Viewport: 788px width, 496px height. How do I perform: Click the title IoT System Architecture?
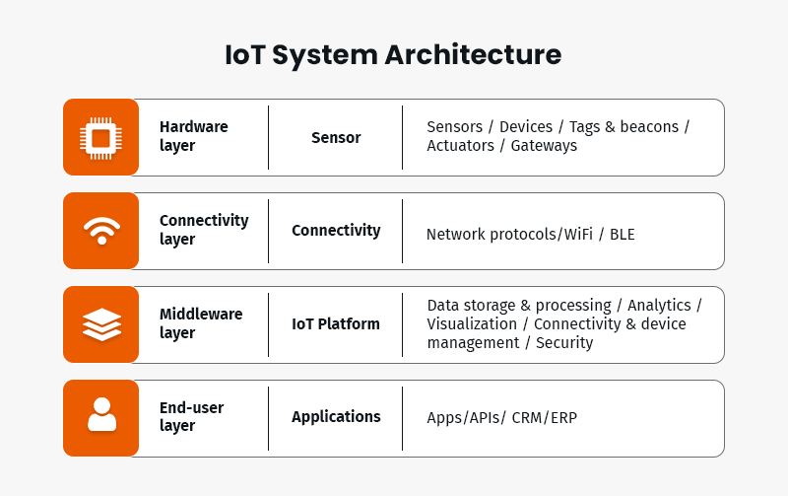pos(393,54)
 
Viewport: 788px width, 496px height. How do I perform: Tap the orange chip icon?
pos(100,137)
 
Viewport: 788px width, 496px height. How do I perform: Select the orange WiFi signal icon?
pos(100,231)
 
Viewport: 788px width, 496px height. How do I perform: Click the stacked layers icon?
pos(100,324)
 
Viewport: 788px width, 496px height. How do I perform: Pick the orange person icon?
pos(100,417)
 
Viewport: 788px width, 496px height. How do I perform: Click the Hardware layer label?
pos(193,137)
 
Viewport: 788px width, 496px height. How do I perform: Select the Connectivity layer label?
pos(204,230)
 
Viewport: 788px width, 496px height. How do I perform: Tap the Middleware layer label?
pos(201,323)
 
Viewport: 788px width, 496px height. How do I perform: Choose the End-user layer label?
pos(191,417)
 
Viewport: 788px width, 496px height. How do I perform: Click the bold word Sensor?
pos(336,138)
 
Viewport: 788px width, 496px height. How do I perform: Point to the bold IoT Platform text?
pos(336,324)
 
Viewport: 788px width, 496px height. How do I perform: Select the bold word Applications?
pos(336,417)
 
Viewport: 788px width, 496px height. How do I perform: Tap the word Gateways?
pos(544,146)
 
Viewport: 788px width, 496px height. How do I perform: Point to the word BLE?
pos(623,235)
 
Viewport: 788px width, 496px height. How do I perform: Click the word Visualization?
pos(472,324)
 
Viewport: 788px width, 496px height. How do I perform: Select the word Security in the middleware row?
pos(564,343)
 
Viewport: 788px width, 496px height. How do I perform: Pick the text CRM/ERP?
pos(545,418)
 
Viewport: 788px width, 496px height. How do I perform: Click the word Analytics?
pos(659,306)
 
